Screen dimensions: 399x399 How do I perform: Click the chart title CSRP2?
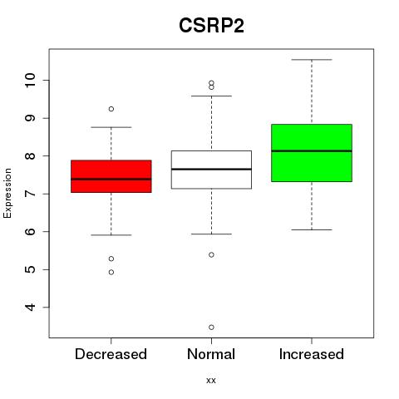211,26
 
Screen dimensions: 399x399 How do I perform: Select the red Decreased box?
111,176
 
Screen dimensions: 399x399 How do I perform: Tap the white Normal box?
211,170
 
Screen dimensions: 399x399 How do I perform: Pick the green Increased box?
312,153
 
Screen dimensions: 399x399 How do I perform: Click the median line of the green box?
312,151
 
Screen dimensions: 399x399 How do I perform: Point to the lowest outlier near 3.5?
211,328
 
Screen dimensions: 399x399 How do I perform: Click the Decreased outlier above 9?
111,109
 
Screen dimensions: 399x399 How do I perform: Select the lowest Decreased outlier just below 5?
111,273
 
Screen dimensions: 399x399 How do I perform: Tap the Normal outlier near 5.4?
211,254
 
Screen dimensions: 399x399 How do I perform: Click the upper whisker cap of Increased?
312,60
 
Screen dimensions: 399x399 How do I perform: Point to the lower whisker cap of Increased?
312,229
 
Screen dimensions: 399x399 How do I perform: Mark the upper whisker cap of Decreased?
111,127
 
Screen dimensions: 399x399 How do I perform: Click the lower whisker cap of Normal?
211,234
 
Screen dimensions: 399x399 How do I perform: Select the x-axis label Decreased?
111,354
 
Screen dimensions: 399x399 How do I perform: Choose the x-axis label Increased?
312,354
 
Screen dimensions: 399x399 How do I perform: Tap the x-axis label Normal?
211,354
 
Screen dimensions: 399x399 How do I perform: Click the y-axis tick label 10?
30,81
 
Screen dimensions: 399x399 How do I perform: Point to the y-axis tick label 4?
30,307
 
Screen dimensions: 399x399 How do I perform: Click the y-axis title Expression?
7,193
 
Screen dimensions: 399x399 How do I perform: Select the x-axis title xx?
211,381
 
